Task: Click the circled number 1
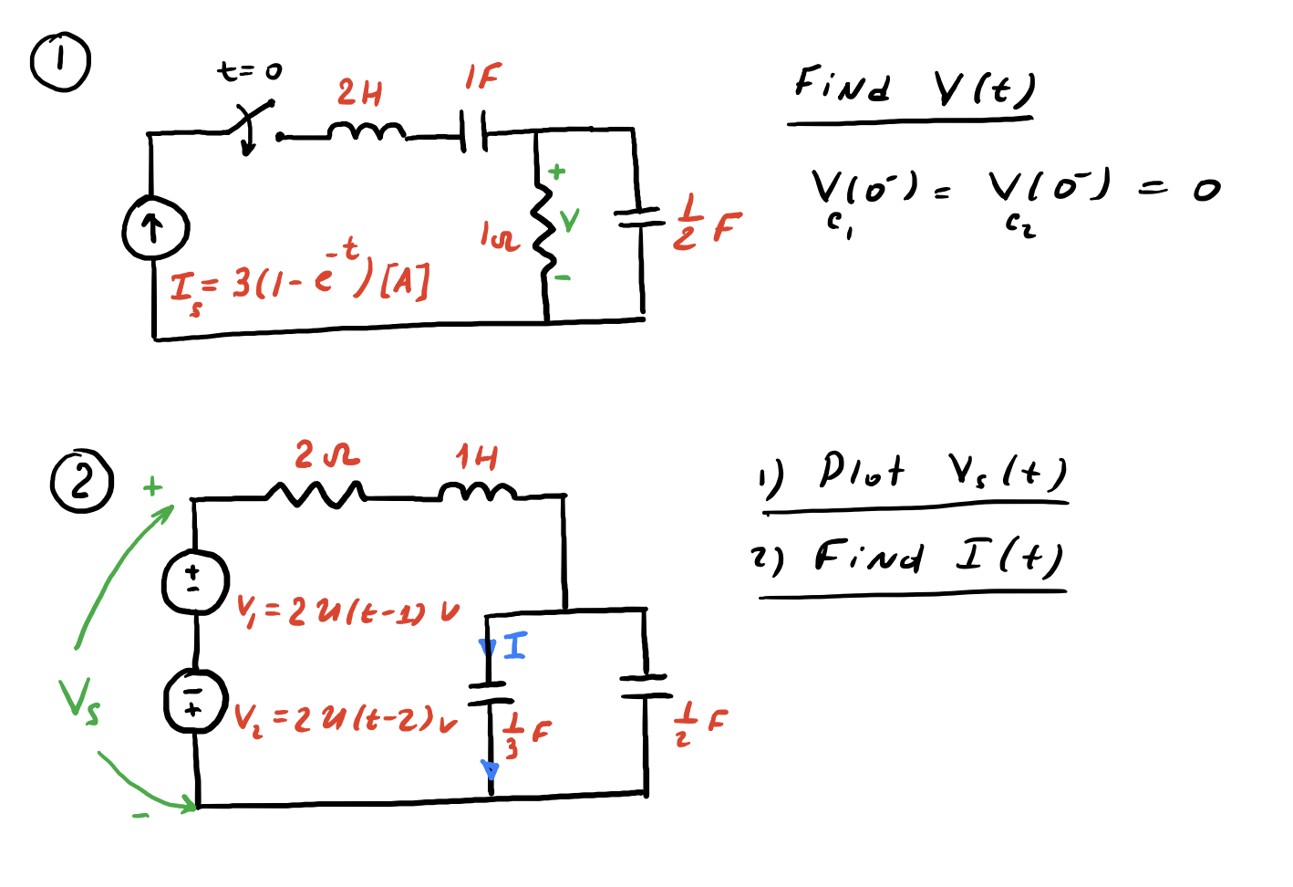(60, 61)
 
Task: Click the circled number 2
(82, 481)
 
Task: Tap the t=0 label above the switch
(250, 70)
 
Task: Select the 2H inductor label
(359, 92)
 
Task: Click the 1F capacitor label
(482, 77)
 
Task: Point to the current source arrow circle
(155, 228)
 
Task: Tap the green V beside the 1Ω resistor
(569, 220)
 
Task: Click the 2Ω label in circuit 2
(326, 454)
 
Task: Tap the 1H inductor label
(477, 456)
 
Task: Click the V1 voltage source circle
(194, 581)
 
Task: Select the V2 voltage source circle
(194, 701)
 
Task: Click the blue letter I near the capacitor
(515, 646)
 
